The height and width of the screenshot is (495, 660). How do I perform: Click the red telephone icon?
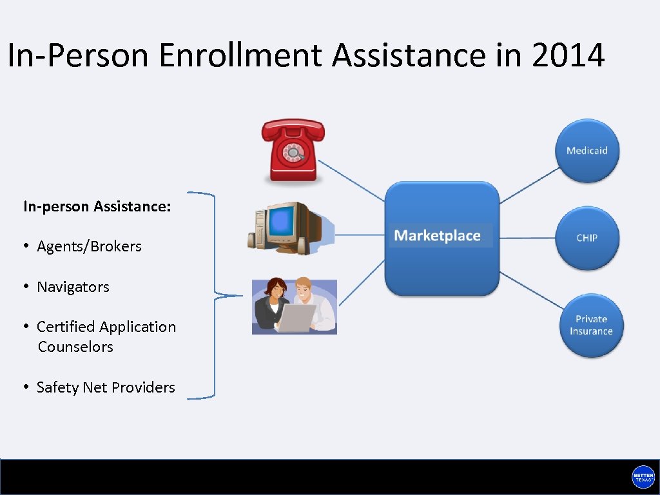coord(293,151)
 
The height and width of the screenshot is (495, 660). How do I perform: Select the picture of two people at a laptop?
coord(295,306)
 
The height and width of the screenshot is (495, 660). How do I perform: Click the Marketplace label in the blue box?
coord(438,236)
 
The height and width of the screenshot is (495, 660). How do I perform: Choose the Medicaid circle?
coord(587,151)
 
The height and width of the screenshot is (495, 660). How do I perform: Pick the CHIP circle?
coord(587,238)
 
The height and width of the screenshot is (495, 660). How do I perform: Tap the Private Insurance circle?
coord(591,325)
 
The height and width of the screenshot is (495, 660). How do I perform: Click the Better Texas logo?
coord(643,477)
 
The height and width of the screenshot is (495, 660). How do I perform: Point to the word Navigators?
coord(73,287)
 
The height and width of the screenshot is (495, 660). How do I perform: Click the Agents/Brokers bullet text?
coord(89,246)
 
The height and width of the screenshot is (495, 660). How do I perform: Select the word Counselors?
coord(75,347)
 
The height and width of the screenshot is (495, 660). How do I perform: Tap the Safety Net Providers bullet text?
coord(106,387)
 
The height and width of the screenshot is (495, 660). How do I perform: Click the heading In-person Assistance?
coord(97,206)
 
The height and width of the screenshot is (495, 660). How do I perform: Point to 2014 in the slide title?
coord(568,55)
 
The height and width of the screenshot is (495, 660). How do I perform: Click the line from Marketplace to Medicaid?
coord(529,186)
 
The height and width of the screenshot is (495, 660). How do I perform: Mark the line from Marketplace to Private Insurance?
coord(530,290)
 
